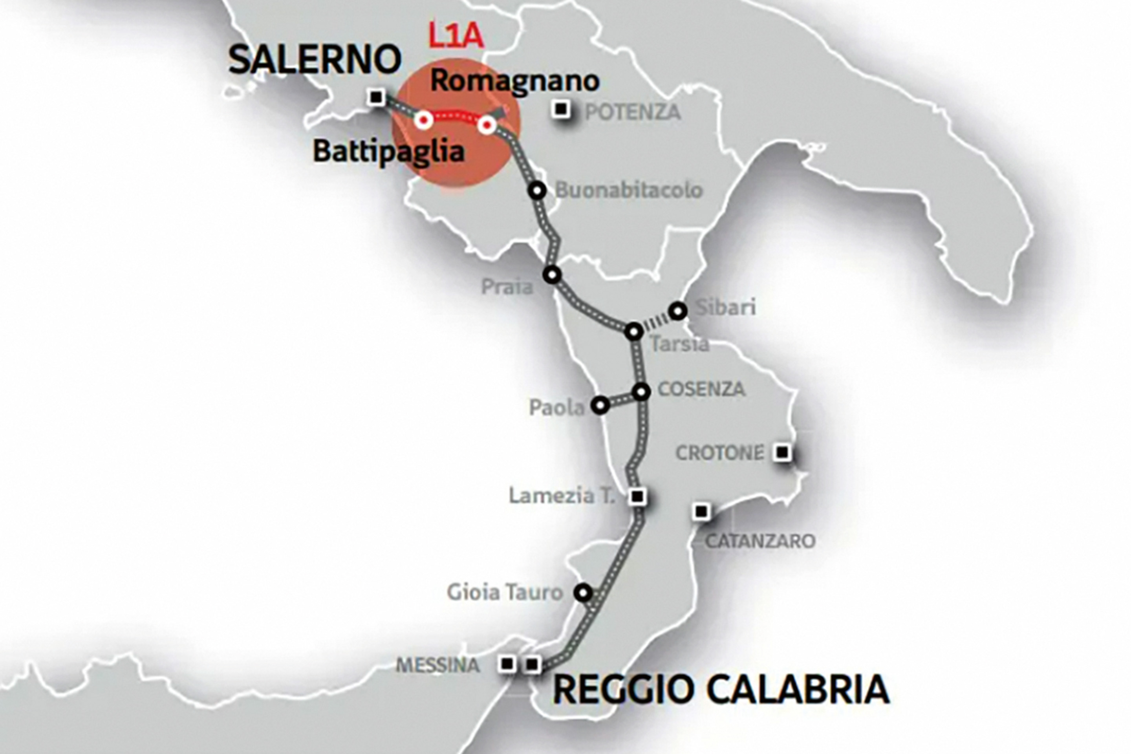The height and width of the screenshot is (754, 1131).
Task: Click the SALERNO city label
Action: (x=315, y=60)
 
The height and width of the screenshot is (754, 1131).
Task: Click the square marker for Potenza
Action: (x=560, y=110)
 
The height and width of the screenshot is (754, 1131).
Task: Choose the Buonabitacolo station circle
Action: (x=537, y=190)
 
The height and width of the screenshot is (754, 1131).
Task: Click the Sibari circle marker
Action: (x=677, y=311)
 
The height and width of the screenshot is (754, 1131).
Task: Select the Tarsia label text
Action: (x=679, y=344)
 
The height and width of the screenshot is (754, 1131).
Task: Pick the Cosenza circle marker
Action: (x=641, y=392)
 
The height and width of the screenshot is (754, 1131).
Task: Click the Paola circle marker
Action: (x=600, y=405)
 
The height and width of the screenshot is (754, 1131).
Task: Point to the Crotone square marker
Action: (x=782, y=452)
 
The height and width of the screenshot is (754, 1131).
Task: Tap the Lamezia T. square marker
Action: (x=638, y=496)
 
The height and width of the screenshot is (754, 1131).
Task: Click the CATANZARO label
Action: (x=760, y=541)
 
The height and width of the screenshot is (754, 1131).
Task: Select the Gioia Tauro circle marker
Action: (x=583, y=593)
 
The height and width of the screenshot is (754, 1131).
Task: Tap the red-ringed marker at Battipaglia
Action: (x=424, y=120)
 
